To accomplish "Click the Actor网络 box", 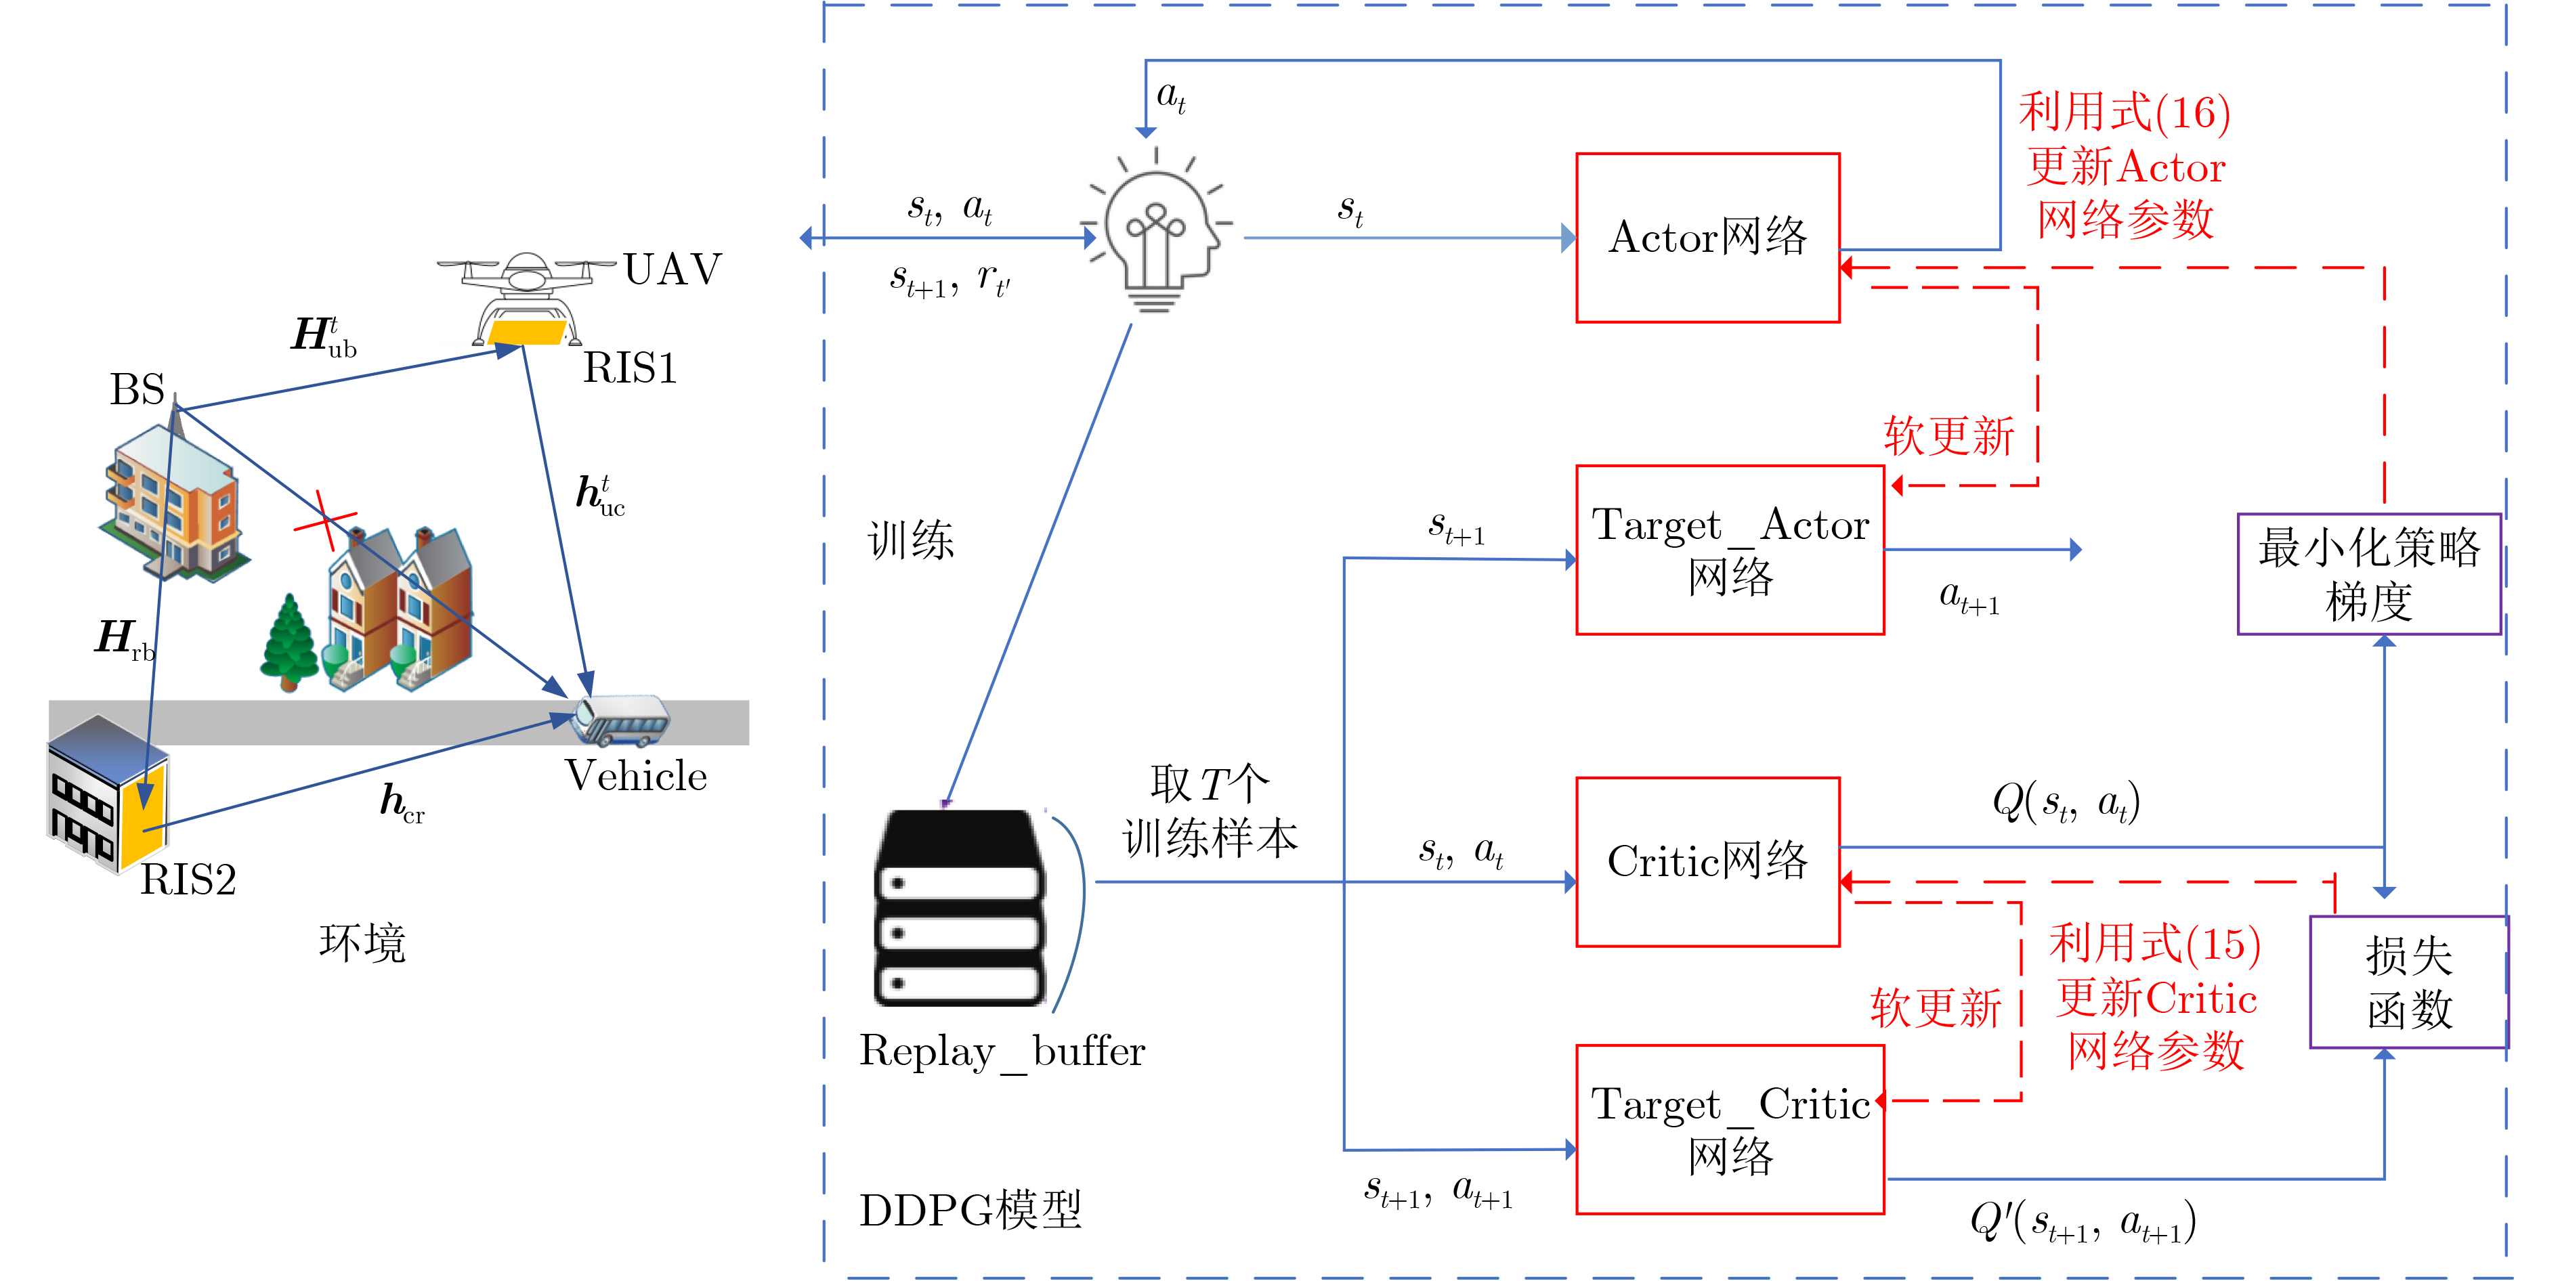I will coord(1707,238).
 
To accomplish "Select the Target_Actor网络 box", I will coord(1729,550).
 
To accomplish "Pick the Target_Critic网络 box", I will coord(1729,1129).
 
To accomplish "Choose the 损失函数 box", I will coord(2407,982).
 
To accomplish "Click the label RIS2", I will coord(189,880).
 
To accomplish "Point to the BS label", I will coord(137,389).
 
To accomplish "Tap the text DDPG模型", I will coord(970,1209).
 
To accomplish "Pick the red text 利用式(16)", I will coord(2124,112).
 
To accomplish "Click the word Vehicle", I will coord(636,776).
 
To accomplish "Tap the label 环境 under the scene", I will coord(362,942).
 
